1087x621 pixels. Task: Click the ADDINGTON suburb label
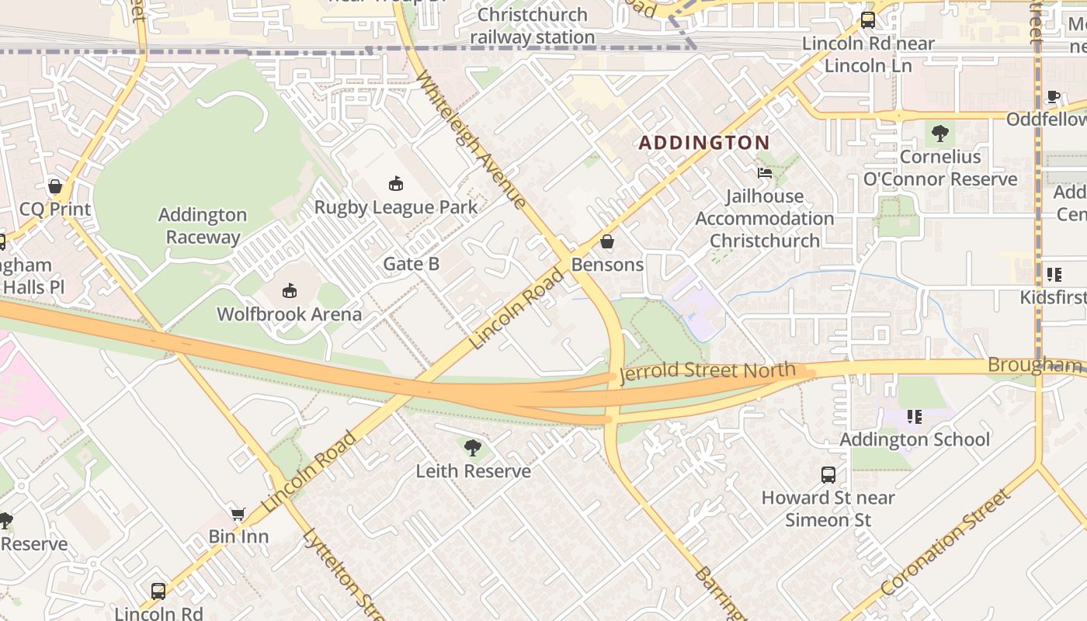[703, 143]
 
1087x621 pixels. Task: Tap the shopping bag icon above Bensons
[607, 242]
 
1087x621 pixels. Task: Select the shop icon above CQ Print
[55, 186]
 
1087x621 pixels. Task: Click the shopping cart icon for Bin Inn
[238, 514]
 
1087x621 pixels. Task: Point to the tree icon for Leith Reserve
[472, 448]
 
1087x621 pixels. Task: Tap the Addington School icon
[915, 417]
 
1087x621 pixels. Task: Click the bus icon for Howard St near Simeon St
[828, 474]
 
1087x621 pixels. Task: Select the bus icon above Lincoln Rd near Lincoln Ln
[868, 20]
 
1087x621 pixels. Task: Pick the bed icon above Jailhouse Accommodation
[765, 173]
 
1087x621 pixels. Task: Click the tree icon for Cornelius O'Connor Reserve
[940, 134]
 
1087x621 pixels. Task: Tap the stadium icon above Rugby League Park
[396, 184]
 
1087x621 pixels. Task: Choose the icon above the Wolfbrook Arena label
[290, 291]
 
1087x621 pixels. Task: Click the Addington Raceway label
[203, 226]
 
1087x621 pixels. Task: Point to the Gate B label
[412, 264]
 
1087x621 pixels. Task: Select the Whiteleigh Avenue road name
[471, 141]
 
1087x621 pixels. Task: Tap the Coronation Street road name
[946, 543]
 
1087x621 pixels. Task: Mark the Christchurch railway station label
[533, 26]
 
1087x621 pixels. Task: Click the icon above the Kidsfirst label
[1054, 274]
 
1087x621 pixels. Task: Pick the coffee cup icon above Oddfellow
[1054, 96]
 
